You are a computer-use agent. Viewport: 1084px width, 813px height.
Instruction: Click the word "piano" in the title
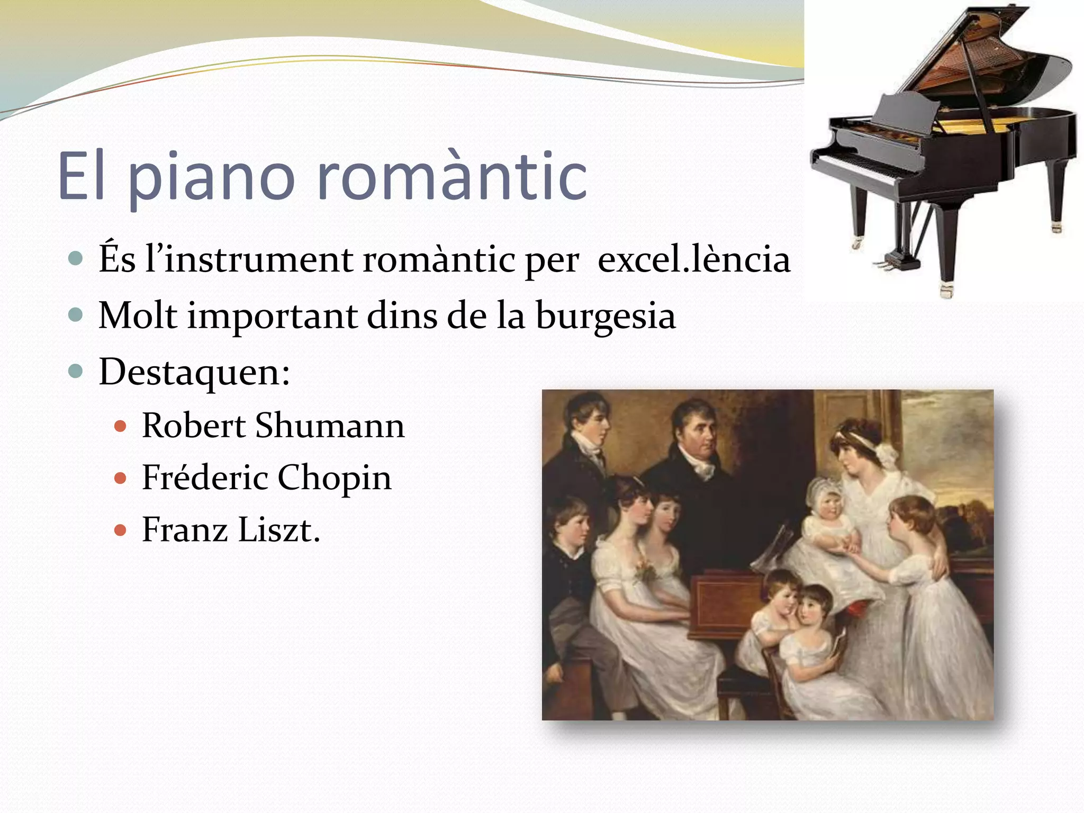211,177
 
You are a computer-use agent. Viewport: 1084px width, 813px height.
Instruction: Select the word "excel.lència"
693,260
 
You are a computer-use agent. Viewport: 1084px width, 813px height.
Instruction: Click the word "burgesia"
606,316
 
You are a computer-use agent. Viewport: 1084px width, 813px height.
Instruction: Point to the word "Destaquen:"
194,372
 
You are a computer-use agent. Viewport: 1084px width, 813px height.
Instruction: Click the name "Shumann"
329,426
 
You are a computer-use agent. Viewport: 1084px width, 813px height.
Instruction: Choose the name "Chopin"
334,478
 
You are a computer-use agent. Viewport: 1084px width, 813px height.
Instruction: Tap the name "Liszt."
278,530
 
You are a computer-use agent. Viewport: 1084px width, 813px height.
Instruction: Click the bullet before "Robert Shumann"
121,426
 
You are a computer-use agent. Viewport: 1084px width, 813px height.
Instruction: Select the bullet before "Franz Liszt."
121,530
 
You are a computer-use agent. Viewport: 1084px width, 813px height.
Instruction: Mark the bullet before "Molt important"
76,315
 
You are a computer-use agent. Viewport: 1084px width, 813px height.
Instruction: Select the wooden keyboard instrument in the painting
725,603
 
